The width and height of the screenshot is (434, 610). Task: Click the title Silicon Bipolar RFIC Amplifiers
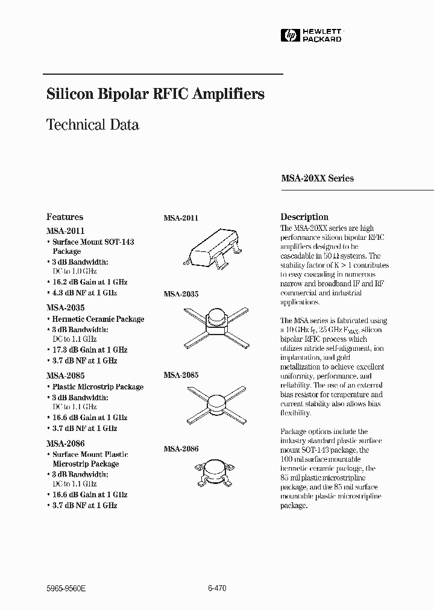[156, 95]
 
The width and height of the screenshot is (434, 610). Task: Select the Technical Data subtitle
[93, 125]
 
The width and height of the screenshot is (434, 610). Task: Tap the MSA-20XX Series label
[317, 178]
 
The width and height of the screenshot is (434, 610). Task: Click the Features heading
[64, 217]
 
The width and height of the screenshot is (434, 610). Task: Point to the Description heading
[304, 217]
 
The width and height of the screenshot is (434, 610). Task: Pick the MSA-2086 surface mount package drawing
[215, 471]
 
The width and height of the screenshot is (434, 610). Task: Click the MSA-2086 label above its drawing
[181, 449]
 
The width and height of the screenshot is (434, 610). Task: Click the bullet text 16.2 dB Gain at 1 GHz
[88, 281]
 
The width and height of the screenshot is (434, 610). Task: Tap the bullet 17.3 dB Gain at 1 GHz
[88, 350]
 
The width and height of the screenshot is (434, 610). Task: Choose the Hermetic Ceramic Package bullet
[98, 319]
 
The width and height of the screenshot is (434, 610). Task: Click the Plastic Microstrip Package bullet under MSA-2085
[97, 387]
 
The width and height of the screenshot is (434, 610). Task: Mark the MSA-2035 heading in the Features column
[65, 307]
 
